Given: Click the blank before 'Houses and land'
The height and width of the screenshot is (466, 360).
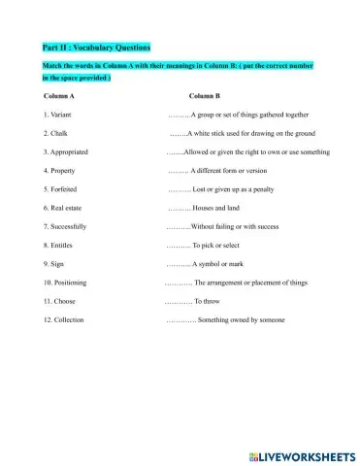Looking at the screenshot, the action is coord(179,208).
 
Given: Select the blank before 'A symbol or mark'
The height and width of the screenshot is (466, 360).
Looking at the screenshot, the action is coord(178,263).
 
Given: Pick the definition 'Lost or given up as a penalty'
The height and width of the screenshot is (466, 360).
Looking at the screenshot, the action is coord(238,189).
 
